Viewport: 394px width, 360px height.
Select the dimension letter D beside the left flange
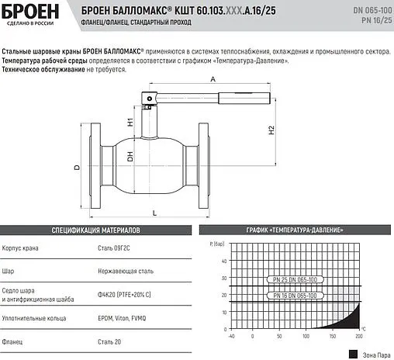click(77, 167)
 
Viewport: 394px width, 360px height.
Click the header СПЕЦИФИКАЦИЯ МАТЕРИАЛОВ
click(95, 230)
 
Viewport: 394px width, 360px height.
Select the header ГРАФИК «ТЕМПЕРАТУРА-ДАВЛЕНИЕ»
click(296, 230)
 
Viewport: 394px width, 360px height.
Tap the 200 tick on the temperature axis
click(358, 336)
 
